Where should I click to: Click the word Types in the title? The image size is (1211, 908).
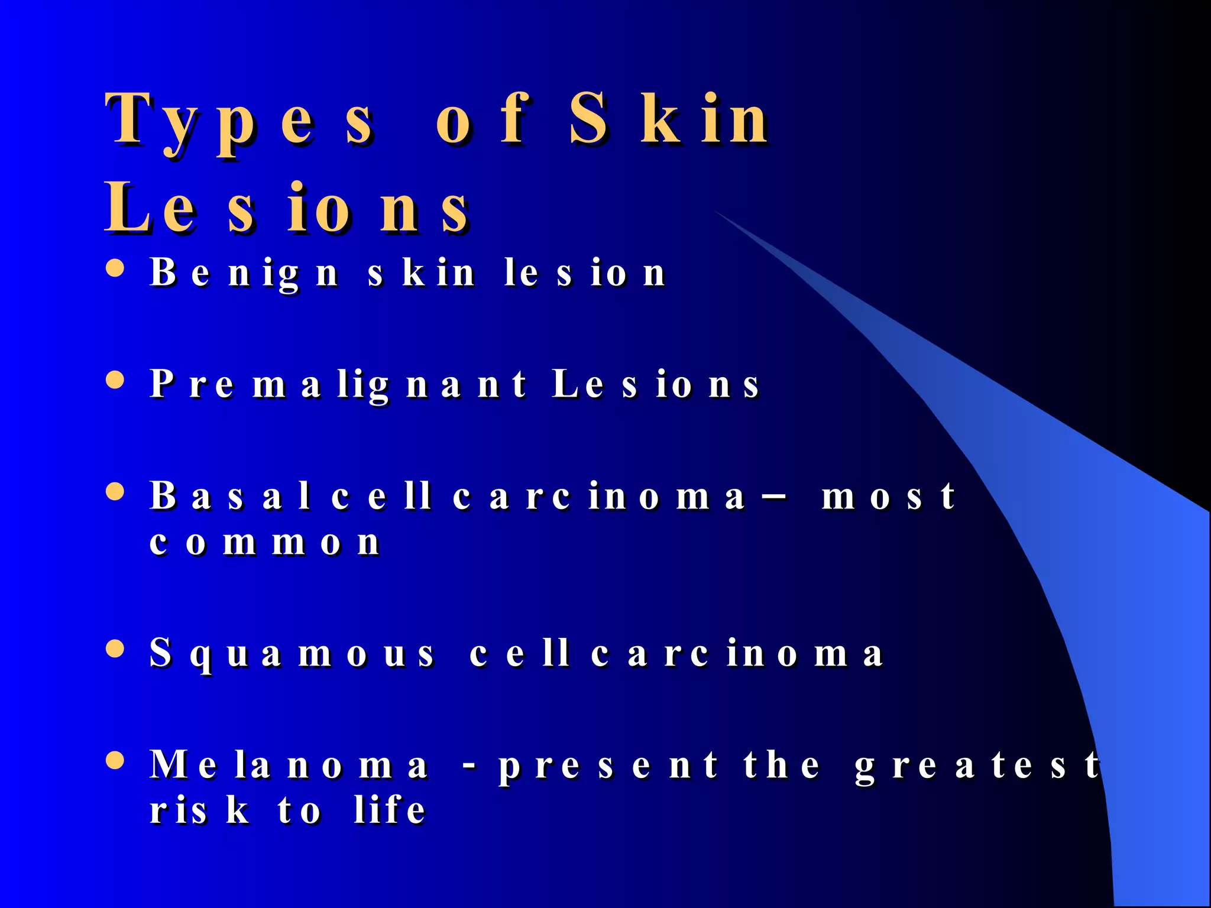(239, 121)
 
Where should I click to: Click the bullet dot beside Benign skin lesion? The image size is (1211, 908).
(115, 268)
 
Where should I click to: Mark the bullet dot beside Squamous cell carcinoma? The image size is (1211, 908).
(115, 648)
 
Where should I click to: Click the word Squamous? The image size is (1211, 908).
(292, 654)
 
